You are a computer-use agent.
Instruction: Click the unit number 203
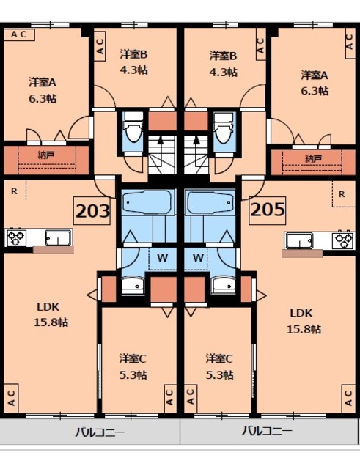[x=93, y=213]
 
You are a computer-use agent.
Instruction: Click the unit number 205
[x=267, y=212]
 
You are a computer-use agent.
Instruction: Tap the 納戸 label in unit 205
[x=312, y=158]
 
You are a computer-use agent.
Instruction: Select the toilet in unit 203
[x=133, y=131]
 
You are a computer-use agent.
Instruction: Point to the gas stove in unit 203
[x=16, y=237]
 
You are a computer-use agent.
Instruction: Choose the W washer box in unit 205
[x=197, y=257]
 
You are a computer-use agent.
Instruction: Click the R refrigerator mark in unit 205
[x=342, y=194]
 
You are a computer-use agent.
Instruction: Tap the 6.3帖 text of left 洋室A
[x=43, y=97]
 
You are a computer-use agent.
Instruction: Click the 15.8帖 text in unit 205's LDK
[x=303, y=329]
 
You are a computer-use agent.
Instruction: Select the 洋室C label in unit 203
[x=133, y=358]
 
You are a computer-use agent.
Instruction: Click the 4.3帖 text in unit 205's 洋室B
[x=223, y=72]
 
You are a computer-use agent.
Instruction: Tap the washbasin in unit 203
[x=133, y=286]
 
